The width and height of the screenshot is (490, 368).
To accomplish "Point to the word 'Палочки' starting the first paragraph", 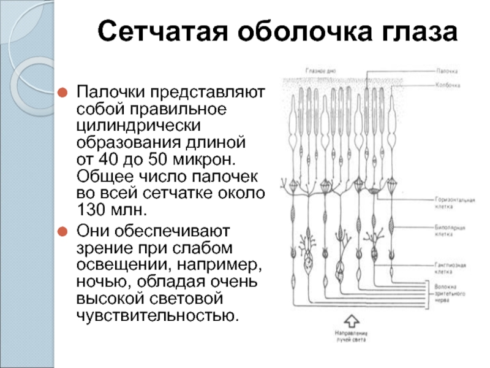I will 105,93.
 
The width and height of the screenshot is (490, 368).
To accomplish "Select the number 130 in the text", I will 94,212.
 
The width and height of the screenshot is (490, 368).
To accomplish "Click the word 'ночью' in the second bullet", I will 97,282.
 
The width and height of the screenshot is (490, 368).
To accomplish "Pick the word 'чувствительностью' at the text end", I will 156,316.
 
